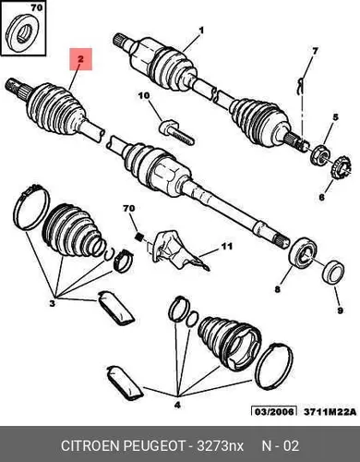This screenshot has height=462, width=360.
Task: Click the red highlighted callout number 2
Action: (80, 59)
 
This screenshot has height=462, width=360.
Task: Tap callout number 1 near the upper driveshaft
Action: (202, 30)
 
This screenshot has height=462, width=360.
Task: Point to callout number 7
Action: (315, 51)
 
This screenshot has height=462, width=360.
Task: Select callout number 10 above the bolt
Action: (144, 96)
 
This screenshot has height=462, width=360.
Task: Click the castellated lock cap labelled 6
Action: (341, 168)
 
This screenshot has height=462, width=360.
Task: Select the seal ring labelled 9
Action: (333, 272)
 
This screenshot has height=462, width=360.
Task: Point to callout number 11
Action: (226, 247)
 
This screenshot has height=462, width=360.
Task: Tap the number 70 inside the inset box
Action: (37, 8)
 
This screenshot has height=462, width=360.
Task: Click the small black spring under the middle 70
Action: (139, 237)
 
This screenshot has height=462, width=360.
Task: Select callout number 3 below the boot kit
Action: (53, 303)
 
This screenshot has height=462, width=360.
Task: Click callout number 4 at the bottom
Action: (177, 405)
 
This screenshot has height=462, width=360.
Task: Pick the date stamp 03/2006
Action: (274, 411)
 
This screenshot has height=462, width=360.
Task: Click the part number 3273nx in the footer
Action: (220, 445)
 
